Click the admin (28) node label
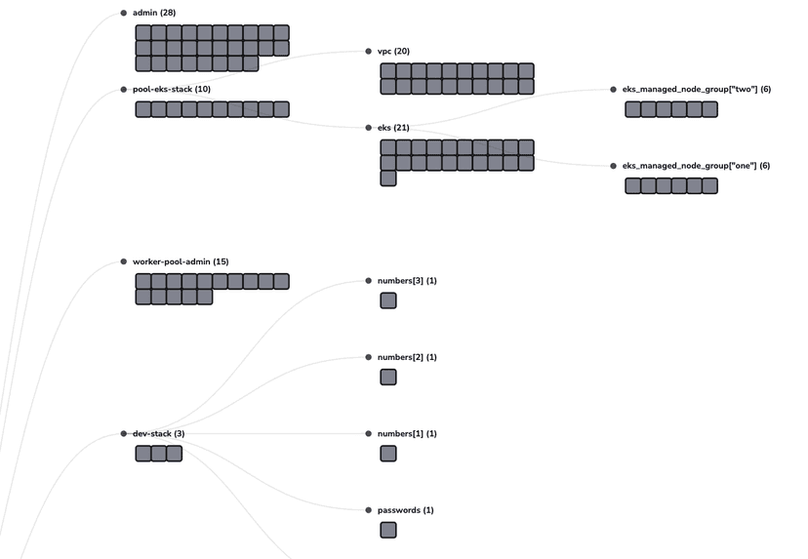pos(154,13)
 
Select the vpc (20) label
pos(393,51)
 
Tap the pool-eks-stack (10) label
pos(171,90)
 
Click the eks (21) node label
pos(393,128)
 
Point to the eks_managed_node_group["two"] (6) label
pos(696,90)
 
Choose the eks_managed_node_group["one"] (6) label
pos(696,166)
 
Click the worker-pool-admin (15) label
pos(180,261)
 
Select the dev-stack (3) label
pos(158,433)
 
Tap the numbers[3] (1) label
pos(407,281)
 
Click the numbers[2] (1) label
pos(407,357)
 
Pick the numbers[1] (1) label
pos(407,433)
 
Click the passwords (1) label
pos(405,510)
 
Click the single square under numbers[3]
pos(388,300)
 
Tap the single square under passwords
pos(388,530)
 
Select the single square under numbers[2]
pos(388,377)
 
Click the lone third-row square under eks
pos(388,179)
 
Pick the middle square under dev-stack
pos(158,453)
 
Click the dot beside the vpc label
pos(368,51)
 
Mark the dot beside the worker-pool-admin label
pos(123,261)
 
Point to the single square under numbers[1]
pos(388,453)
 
